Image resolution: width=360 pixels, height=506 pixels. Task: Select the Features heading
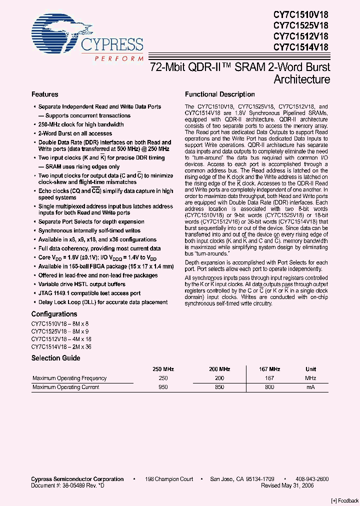coord(45,94)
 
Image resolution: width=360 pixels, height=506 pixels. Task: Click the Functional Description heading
coord(219,94)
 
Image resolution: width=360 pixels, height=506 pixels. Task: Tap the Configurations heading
coord(54,314)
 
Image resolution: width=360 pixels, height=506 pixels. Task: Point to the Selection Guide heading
coord(55,358)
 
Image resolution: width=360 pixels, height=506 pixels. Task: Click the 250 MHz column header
coord(163,369)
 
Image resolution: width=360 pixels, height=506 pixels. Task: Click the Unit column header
coord(310,369)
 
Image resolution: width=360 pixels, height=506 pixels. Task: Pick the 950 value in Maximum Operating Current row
coord(163,387)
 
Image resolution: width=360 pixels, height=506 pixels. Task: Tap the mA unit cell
coord(310,387)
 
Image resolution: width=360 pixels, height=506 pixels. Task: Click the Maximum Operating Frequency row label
coord(69,378)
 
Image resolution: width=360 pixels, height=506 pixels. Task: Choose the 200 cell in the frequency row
coord(219,378)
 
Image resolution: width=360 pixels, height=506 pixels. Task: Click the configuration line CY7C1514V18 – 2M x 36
coord(61,346)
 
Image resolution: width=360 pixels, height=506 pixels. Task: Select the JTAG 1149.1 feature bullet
coord(89,293)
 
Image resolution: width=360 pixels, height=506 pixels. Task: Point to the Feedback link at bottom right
coord(345,500)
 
